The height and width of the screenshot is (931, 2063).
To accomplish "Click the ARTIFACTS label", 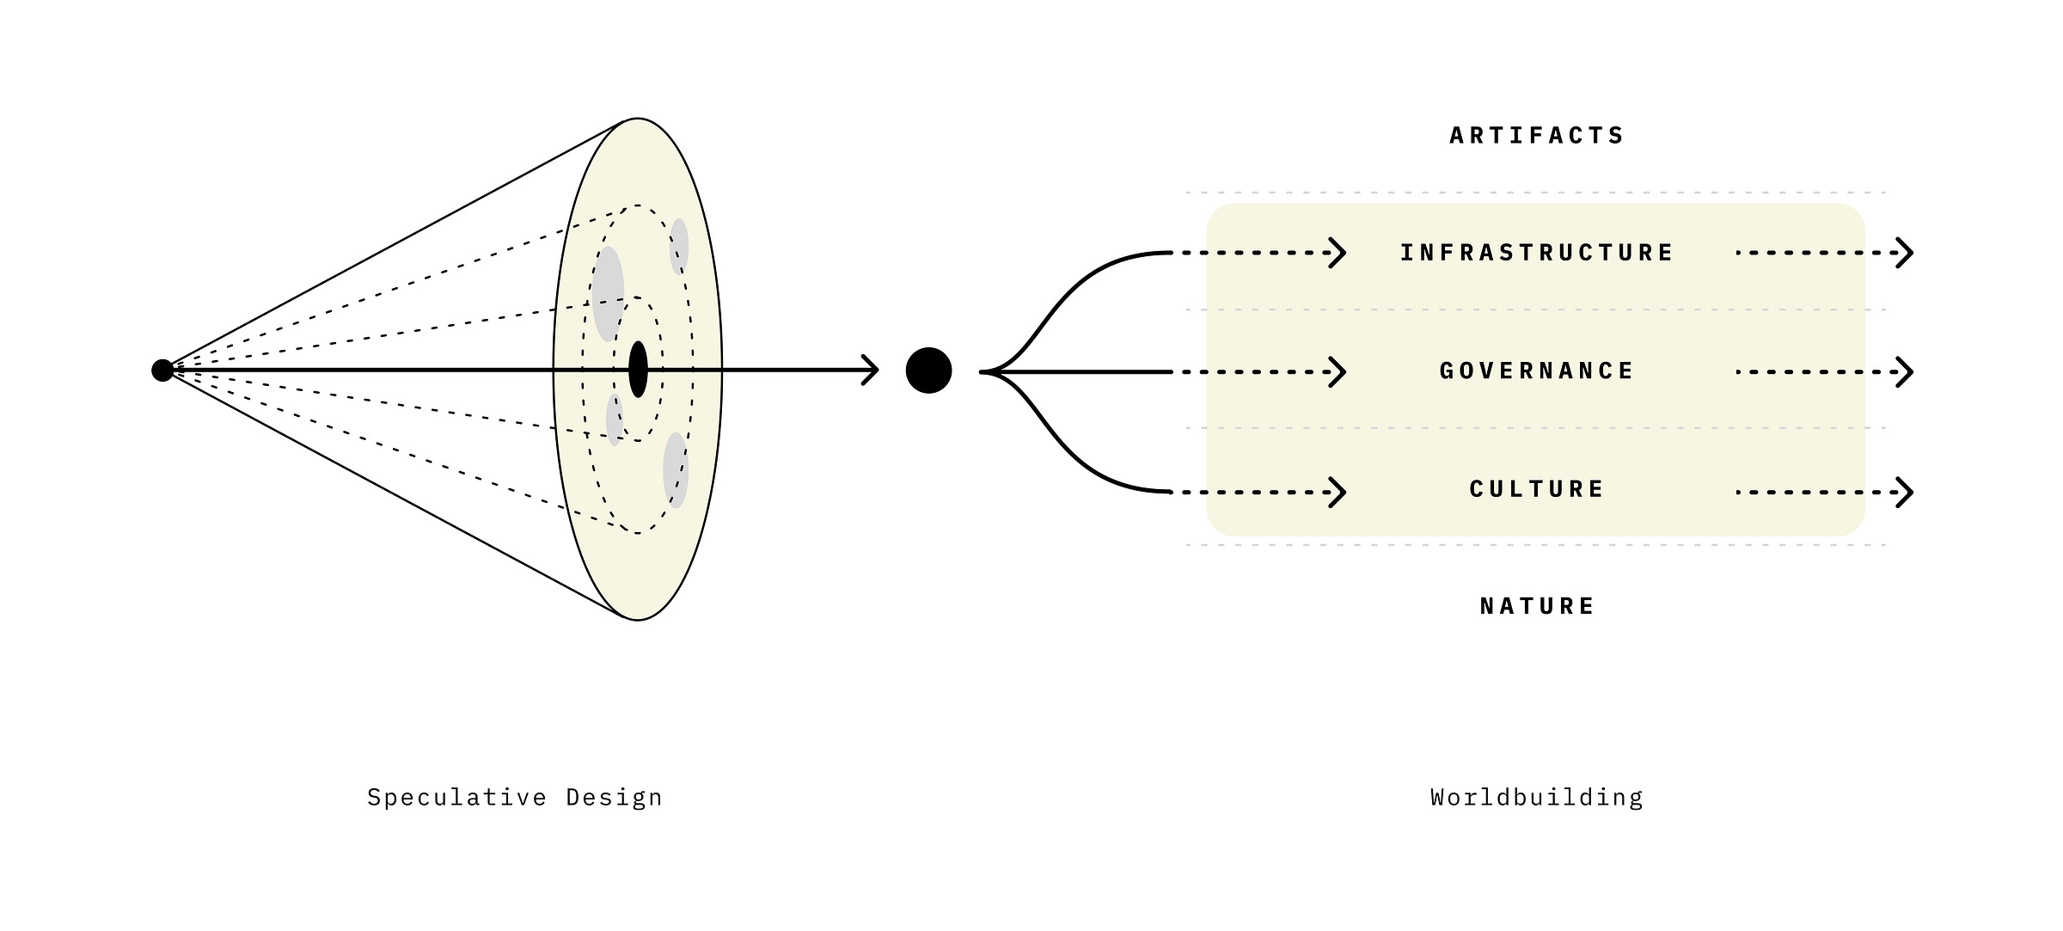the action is point(1536,136).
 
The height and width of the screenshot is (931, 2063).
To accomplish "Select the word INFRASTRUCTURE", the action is point(1536,253).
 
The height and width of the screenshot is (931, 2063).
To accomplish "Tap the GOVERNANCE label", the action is point(1536,371).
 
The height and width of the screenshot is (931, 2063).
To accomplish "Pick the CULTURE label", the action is point(1536,489).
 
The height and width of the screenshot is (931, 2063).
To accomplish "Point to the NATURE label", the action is point(1536,606).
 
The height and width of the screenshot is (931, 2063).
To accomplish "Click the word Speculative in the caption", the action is point(456,798).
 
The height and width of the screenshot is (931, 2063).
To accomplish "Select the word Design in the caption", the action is point(614,798).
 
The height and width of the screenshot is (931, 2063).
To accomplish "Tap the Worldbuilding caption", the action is point(1536,798).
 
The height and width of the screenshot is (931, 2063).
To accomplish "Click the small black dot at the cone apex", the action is point(162,371).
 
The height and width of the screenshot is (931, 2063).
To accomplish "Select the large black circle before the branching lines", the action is point(928,371).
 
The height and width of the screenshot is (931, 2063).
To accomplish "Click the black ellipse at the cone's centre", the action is point(638,370).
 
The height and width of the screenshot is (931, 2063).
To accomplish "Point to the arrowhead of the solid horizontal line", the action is point(872,371).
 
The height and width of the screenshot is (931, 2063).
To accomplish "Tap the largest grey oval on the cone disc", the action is point(608,294).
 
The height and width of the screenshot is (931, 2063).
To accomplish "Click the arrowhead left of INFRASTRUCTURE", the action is point(1338,253).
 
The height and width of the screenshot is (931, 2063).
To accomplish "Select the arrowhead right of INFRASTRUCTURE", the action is point(1905,253).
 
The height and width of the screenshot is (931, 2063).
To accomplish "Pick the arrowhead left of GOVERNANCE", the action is point(1338,372).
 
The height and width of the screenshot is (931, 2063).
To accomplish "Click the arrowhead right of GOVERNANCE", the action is point(1905,372).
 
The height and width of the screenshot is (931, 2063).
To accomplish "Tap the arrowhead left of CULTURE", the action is point(1338,493).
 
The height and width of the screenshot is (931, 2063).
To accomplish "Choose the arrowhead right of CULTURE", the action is point(1905,493).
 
